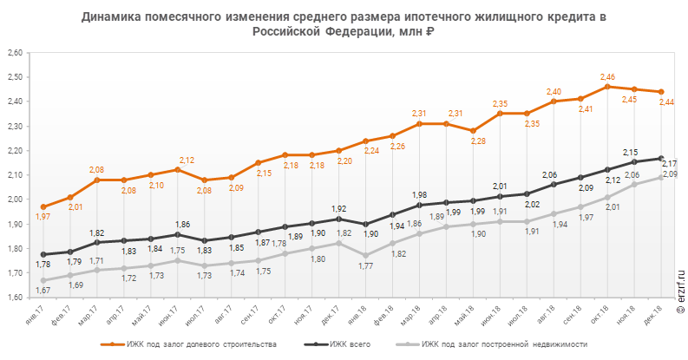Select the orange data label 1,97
[x=43, y=217]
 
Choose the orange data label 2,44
[x=667, y=102]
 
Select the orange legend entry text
[x=217, y=345]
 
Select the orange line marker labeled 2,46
[x=607, y=87]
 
